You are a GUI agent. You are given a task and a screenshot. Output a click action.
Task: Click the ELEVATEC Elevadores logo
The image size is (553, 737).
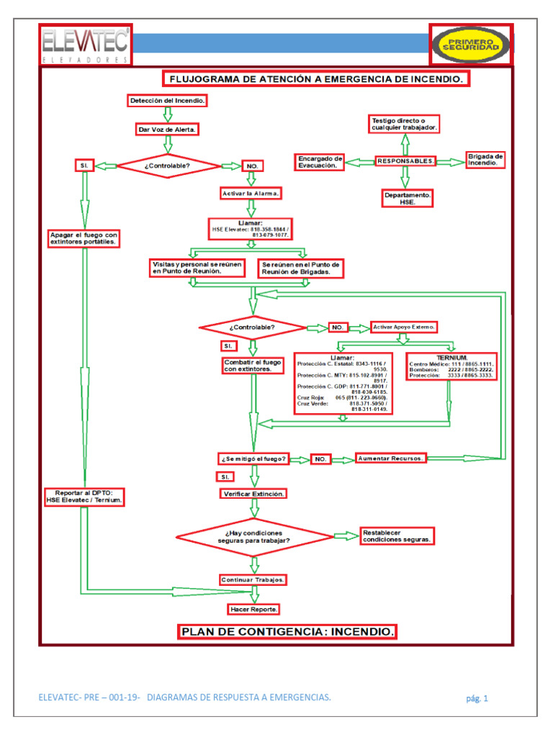pyautogui.click(x=86, y=44)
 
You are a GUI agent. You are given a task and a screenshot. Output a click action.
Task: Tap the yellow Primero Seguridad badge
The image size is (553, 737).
pyautogui.click(x=471, y=45)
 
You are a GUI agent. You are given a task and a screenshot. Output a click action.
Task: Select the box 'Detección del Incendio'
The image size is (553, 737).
pyautogui.click(x=168, y=101)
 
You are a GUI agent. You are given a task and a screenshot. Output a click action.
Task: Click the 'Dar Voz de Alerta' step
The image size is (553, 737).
pyautogui.click(x=167, y=130)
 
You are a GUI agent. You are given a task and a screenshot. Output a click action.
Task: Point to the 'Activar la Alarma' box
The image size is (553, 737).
pyautogui.click(x=250, y=194)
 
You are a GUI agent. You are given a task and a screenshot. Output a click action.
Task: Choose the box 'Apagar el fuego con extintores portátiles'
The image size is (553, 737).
pyautogui.click(x=84, y=239)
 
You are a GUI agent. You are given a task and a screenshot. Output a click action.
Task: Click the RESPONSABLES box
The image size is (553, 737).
pyautogui.click(x=405, y=161)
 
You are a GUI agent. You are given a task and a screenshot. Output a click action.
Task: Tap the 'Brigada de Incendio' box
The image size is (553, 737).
pyautogui.click(x=486, y=160)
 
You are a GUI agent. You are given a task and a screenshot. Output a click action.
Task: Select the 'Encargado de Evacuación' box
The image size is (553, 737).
pyautogui.click(x=320, y=161)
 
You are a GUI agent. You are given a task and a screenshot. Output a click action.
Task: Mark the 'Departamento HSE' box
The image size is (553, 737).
pyautogui.click(x=408, y=198)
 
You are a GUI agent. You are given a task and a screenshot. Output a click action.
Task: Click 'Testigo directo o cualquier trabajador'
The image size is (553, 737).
pyautogui.click(x=404, y=123)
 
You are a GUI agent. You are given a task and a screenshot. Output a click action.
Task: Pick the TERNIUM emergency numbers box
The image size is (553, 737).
pyautogui.click(x=451, y=366)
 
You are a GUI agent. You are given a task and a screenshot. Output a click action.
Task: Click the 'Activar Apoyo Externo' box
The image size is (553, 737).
pyautogui.click(x=404, y=327)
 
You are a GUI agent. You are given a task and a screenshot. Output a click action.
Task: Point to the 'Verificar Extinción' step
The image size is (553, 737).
pyautogui.click(x=253, y=494)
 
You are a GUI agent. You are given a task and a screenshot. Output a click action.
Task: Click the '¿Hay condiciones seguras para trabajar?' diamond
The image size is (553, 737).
pyautogui.click(x=254, y=536)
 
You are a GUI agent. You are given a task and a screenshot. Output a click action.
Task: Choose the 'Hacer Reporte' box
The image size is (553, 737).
pyautogui.click(x=253, y=609)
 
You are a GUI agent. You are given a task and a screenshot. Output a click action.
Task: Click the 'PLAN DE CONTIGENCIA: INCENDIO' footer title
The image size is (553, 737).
pyautogui.click(x=287, y=632)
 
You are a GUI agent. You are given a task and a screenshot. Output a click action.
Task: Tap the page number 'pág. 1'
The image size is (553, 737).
pyautogui.click(x=477, y=698)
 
